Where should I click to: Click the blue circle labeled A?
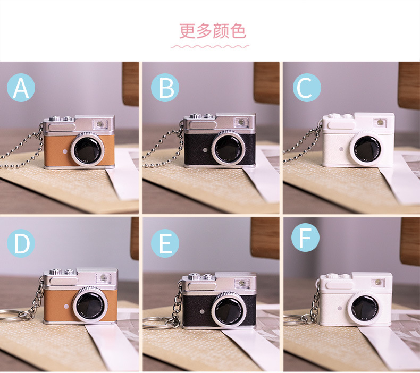pos(21,88)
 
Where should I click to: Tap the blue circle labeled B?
pos(165,88)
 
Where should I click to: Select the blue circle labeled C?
pos(307,88)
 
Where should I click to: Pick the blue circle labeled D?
pos(21,243)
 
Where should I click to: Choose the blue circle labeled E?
pos(165,243)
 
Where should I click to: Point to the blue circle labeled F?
pos(305,238)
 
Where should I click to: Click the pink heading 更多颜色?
pos(213,31)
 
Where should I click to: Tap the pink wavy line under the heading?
pos(210,47)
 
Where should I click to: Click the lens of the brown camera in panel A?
pos(87,150)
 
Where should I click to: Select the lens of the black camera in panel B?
pos(228,148)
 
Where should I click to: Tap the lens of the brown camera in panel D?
pos(90,304)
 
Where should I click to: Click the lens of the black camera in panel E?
pos(229,310)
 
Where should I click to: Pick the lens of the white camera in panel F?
pos(365,308)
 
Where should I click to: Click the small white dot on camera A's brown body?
pos(65,151)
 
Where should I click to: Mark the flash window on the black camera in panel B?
pos(241,122)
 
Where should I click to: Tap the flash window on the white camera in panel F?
pos(378,282)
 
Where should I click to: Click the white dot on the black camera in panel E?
pos(203,311)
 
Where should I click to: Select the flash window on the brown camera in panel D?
pos(103,278)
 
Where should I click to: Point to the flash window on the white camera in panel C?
pos(380,123)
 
